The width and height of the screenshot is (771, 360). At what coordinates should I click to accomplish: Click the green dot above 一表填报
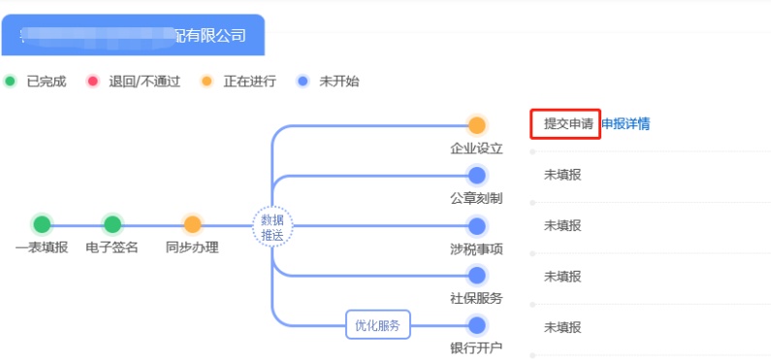(42, 224)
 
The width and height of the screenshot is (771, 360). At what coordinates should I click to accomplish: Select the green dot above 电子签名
(112, 224)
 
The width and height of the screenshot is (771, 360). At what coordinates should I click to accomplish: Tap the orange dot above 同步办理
(192, 224)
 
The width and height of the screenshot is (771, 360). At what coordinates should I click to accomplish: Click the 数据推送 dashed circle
(272, 226)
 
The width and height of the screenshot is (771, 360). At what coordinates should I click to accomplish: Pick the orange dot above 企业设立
(476, 125)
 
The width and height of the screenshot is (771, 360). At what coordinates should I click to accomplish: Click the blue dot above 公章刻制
(476, 176)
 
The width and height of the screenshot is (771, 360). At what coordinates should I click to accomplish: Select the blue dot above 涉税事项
(476, 226)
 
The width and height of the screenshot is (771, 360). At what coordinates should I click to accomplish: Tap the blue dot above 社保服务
(476, 276)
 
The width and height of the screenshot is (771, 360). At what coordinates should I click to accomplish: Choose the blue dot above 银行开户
(476, 325)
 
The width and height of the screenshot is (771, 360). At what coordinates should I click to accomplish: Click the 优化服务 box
(378, 325)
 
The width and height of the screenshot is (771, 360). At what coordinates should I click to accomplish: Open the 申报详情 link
(626, 124)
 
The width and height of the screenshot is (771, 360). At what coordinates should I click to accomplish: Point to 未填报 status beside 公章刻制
(562, 175)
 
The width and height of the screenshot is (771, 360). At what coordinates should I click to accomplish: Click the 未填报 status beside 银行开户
(562, 327)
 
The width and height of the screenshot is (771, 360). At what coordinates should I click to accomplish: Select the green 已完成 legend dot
(11, 82)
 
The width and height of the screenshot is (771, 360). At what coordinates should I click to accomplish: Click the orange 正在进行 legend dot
(207, 82)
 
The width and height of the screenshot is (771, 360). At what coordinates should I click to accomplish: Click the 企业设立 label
(476, 148)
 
